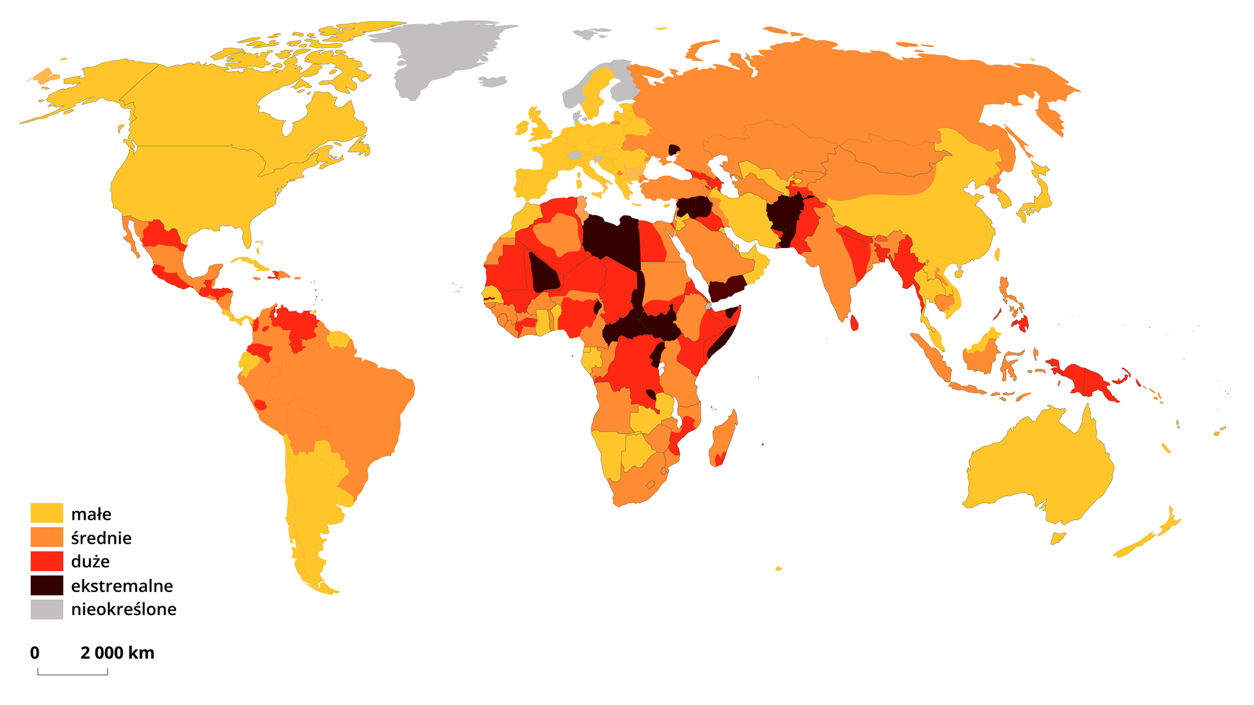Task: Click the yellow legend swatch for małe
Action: point(47,513)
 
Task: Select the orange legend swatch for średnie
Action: point(47,537)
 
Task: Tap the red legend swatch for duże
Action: point(47,561)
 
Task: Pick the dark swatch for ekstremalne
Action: point(47,586)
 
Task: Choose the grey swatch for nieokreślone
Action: point(47,609)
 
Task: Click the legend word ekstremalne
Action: point(122,586)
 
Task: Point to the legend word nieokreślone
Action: point(124,609)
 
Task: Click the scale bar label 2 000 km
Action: point(118,653)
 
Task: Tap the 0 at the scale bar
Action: point(35,653)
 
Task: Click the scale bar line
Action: point(72,674)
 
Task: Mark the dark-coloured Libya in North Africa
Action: point(611,238)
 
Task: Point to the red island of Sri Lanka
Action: point(854,322)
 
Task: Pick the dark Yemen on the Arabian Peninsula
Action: point(726,288)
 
